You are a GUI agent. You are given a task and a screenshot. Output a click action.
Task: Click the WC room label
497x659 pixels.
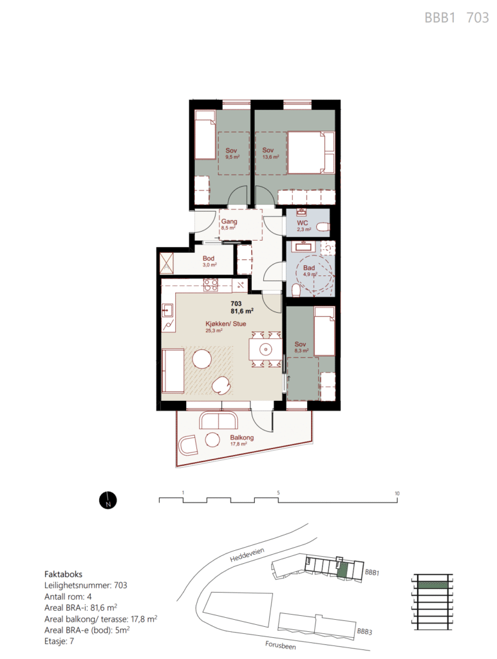(x=303, y=223)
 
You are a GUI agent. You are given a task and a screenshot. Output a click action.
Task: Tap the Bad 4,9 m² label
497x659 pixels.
(x=310, y=270)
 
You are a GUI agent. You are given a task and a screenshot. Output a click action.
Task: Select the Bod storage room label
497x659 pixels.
(x=209, y=259)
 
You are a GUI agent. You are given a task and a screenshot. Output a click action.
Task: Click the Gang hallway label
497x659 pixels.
(x=229, y=221)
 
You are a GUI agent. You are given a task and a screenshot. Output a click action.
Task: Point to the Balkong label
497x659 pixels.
(x=242, y=438)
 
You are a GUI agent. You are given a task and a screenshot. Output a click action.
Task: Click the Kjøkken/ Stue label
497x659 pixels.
(x=226, y=324)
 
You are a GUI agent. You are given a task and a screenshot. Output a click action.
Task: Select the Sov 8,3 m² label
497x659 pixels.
(x=301, y=347)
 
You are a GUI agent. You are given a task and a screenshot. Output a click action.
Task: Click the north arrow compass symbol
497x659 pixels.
(x=108, y=501)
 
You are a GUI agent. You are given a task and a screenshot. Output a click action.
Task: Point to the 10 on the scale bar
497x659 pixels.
(x=397, y=494)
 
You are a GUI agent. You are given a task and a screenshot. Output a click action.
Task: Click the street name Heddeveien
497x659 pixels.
(x=247, y=555)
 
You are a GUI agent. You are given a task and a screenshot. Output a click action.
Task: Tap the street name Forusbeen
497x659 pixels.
(x=281, y=645)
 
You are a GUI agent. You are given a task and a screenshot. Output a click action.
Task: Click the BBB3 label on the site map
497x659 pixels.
(x=364, y=631)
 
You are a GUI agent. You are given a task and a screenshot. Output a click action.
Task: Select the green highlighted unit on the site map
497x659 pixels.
(x=343, y=570)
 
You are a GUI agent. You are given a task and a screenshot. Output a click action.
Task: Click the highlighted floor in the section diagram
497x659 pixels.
(x=433, y=584)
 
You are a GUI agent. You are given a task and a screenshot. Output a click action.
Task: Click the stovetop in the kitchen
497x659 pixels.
(x=211, y=285)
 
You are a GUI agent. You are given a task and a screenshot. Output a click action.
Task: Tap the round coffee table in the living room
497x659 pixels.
(x=202, y=359)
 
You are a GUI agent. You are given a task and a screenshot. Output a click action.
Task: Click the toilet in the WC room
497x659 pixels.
(x=323, y=228)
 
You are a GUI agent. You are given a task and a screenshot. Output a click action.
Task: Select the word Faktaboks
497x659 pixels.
(x=63, y=574)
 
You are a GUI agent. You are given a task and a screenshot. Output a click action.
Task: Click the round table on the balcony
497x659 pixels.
(x=212, y=440)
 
